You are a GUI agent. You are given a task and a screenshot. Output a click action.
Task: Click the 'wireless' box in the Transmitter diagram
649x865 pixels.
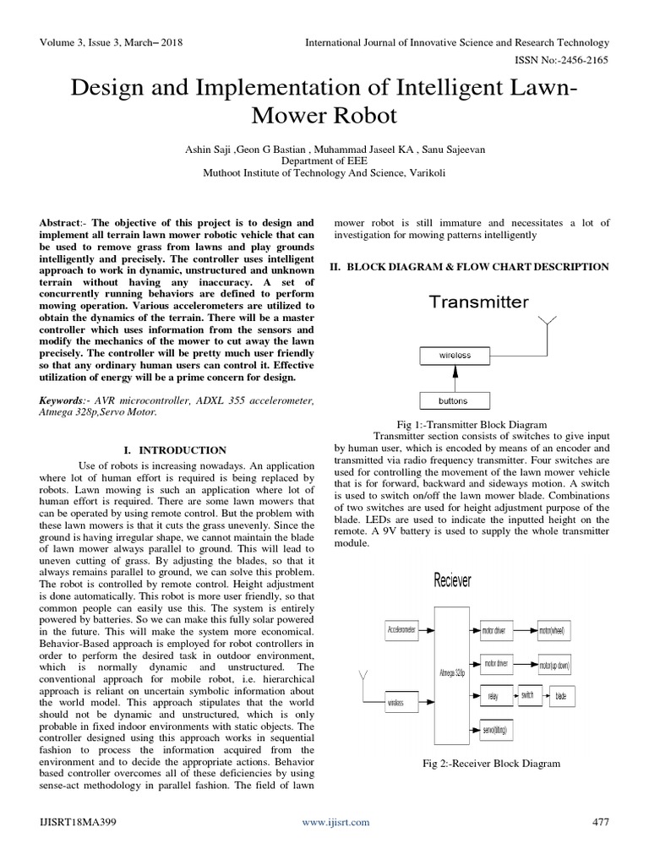[x=455, y=356]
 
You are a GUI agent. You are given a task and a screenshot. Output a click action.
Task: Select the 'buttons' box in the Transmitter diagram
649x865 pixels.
[x=454, y=400]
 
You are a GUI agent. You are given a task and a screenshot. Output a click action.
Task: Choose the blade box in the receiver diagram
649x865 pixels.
[x=561, y=697]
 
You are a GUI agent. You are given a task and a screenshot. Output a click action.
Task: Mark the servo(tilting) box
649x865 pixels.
[x=497, y=728]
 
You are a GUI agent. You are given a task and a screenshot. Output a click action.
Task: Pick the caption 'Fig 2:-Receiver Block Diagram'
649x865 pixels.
[x=491, y=764]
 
